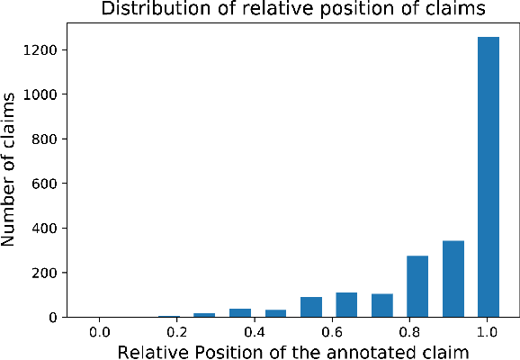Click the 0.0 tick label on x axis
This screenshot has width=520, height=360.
pyautogui.click(x=99, y=332)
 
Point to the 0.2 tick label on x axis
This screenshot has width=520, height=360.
pyautogui.click(x=176, y=332)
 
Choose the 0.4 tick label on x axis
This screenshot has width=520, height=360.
pyautogui.click(x=254, y=332)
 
